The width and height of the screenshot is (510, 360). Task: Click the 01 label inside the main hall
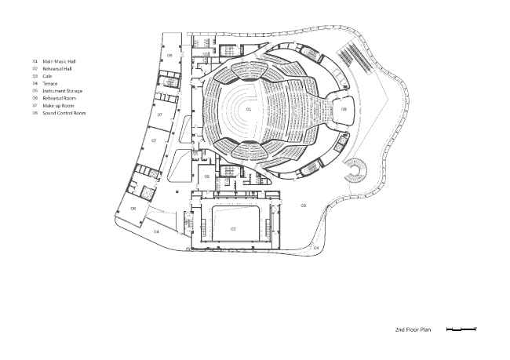pyautogui.click(x=249, y=111)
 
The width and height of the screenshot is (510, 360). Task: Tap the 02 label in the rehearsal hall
pyautogui.click(x=233, y=227)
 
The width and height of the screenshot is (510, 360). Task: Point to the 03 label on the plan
pyautogui.click(x=303, y=205)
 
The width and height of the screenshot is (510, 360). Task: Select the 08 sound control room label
pyautogui.click(x=344, y=109)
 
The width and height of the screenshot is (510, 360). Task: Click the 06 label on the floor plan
pyautogui.click(x=133, y=208)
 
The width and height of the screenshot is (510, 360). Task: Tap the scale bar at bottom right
pyautogui.click(x=461, y=330)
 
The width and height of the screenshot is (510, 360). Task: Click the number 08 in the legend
pyautogui.click(x=35, y=113)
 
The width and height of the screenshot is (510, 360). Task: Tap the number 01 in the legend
pyautogui.click(x=35, y=60)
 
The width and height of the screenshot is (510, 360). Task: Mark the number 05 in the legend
pyautogui.click(x=35, y=91)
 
